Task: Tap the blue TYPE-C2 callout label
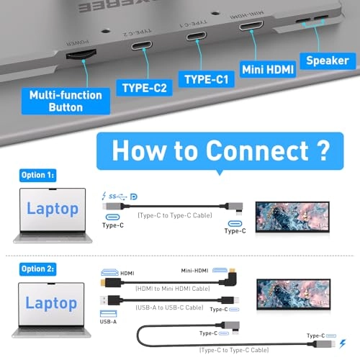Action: [x=145, y=89]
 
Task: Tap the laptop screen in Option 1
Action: [x=53, y=209]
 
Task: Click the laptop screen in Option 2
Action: [x=53, y=303]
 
